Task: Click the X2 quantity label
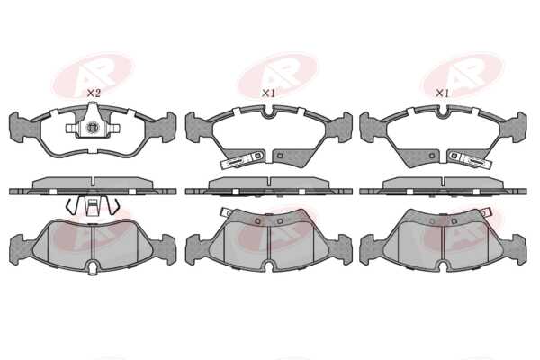(94, 93)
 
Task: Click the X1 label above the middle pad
(268, 93)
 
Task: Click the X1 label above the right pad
(443, 93)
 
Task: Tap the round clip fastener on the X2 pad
(92, 128)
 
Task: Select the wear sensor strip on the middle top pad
(242, 160)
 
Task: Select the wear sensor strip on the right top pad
(471, 160)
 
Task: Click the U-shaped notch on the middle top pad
(268, 112)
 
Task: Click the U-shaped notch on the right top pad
(443, 112)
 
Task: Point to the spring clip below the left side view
(93, 206)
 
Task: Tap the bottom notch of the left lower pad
(92, 267)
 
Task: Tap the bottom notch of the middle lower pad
(268, 265)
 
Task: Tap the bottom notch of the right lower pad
(443, 265)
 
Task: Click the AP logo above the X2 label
(93, 75)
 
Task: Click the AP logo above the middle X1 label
(277, 74)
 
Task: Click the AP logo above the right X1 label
(463, 74)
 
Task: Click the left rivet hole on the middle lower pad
(257, 220)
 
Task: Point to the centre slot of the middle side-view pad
(270, 183)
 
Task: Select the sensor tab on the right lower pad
(485, 212)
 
